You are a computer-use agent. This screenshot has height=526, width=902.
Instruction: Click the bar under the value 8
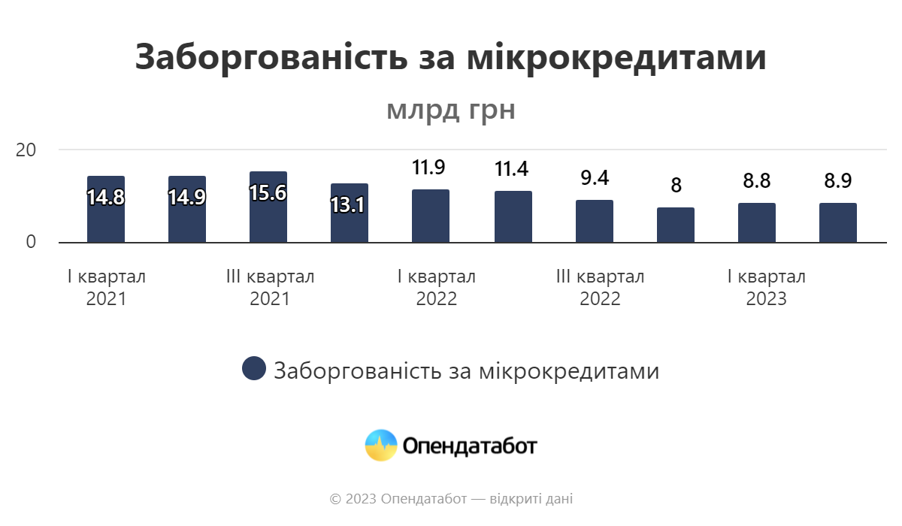click(676, 225)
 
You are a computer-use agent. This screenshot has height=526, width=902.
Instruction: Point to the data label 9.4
click(595, 178)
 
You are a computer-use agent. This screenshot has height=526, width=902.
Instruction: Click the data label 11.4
click(512, 169)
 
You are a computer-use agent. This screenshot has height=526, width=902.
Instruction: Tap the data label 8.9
click(838, 181)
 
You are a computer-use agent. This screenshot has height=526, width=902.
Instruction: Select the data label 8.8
click(757, 181)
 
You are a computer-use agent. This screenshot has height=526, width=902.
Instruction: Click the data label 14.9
click(187, 198)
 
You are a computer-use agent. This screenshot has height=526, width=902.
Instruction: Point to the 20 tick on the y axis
click(26, 150)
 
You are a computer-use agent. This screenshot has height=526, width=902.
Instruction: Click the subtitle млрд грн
click(451, 110)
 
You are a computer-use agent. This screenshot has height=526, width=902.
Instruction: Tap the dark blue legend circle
click(254, 369)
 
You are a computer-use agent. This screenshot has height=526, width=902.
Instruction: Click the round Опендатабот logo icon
click(380, 446)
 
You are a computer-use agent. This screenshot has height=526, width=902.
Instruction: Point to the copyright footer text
click(451, 499)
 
